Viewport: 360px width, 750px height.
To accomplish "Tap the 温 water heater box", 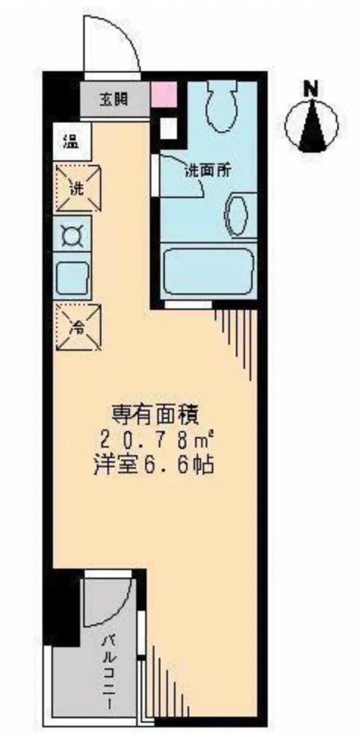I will click(70, 139).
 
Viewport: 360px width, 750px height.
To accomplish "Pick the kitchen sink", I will click(73, 277).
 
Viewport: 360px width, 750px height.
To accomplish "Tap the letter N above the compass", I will click(309, 88).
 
